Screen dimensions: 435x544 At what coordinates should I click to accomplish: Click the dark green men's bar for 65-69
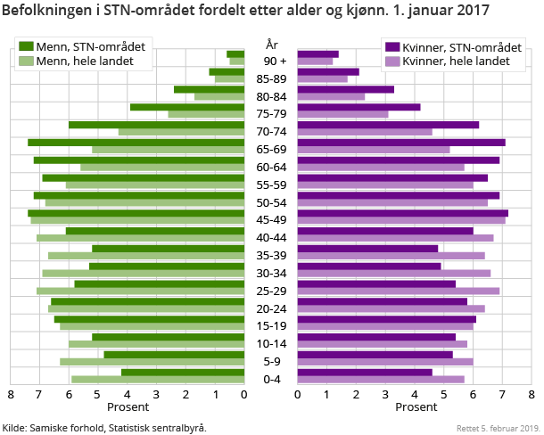point(136,143)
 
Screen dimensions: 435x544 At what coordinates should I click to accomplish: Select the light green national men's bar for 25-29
point(140,291)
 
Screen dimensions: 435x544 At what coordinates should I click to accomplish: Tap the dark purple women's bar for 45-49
point(402,213)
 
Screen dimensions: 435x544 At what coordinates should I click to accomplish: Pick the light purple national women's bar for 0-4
point(381,379)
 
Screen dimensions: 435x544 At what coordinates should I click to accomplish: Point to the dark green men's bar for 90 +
point(235,54)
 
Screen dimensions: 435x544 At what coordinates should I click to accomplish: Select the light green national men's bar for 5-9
point(152,362)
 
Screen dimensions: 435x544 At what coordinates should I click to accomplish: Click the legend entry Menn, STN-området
point(81,46)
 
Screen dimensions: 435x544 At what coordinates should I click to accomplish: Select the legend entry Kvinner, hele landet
point(447,61)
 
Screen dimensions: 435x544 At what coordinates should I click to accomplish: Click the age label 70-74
point(270,131)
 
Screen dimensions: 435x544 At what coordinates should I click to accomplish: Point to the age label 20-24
point(270,308)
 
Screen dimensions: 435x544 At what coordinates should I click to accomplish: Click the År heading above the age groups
point(272,45)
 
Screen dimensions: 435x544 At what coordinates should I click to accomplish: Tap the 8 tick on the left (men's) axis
point(11,394)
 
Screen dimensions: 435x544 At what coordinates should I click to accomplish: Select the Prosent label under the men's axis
point(128,407)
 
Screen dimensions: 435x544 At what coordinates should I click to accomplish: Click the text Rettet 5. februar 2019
point(498,428)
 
